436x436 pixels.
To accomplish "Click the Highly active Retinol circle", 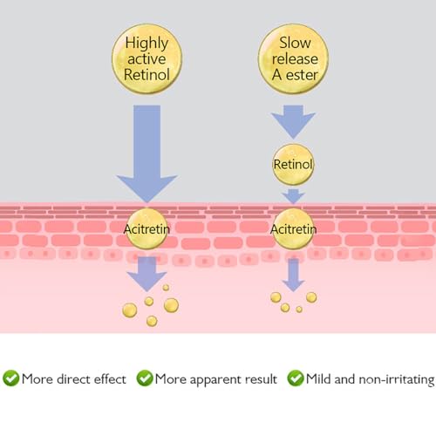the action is (146, 58).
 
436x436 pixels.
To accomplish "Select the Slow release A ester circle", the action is (294, 58).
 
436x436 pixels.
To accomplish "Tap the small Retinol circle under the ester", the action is (293, 165).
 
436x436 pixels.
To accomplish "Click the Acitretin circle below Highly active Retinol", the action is (146, 228).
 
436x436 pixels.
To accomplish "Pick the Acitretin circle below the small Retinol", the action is (293, 228).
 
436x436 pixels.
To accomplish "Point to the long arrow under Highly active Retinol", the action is (146, 154).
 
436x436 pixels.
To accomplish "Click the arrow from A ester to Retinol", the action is (293, 122).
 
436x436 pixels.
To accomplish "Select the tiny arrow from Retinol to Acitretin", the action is (293, 196).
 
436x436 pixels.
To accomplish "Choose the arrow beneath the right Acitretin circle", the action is (293, 275).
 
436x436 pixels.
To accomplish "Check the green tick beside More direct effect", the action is (11, 378).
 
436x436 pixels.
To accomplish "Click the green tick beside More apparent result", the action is (145, 378).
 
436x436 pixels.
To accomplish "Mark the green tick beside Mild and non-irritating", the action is (296, 378).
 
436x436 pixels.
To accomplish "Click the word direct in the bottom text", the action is (73, 379).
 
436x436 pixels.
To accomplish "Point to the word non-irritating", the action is (397, 380).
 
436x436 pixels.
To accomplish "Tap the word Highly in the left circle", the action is (146, 44).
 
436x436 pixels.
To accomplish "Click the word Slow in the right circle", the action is (295, 43).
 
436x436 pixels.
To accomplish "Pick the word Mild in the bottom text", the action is (318, 379).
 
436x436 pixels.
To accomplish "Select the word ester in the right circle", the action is (302, 75).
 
